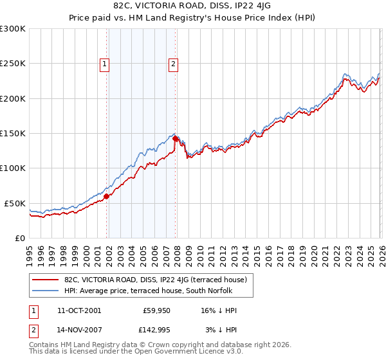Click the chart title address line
[192, 6]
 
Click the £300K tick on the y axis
[13, 29]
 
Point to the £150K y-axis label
[13, 134]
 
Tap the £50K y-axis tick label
[15, 203]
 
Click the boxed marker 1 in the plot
[104, 63]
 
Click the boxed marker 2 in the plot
[174, 63]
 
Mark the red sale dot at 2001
[107, 197]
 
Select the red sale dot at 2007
[176, 138]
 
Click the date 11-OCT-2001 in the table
[78, 310]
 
